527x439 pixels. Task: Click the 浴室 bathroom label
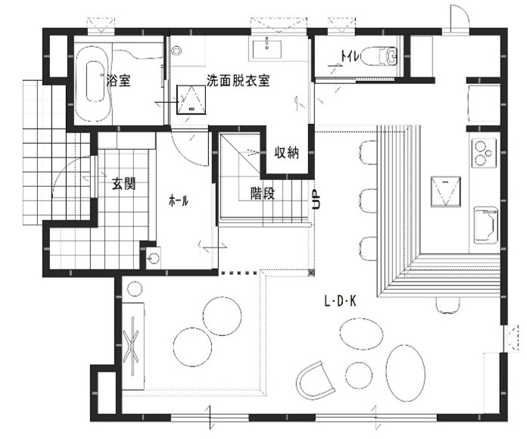point(118,80)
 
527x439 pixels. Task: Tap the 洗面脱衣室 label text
point(238,81)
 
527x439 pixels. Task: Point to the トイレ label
point(351,56)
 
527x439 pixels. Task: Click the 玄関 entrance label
point(123,183)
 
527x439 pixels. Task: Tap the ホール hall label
point(179,201)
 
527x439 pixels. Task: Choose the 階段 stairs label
point(263,193)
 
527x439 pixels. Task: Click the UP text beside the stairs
point(317,199)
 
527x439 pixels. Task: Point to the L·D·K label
point(340,301)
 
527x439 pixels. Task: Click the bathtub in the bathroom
point(92,81)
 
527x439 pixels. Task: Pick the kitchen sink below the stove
point(485,225)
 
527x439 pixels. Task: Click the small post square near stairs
point(312,272)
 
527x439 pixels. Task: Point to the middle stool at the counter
point(368,201)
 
